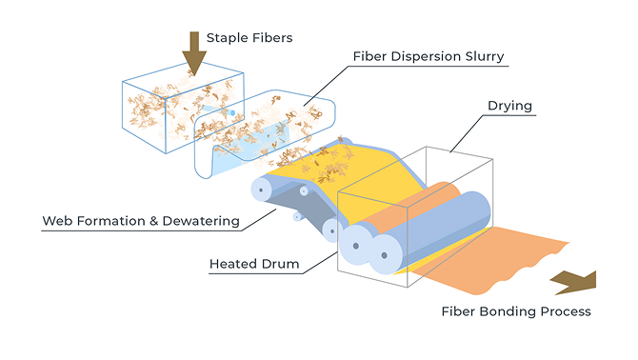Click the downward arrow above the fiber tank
[194, 53]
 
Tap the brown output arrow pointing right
[574, 283]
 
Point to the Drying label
[509, 106]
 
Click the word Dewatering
[201, 221]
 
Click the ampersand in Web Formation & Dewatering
[154, 221]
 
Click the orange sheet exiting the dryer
[488, 260]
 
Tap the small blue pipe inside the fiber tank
[219, 110]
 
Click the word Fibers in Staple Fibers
[272, 38]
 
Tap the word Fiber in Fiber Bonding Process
[459, 311]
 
